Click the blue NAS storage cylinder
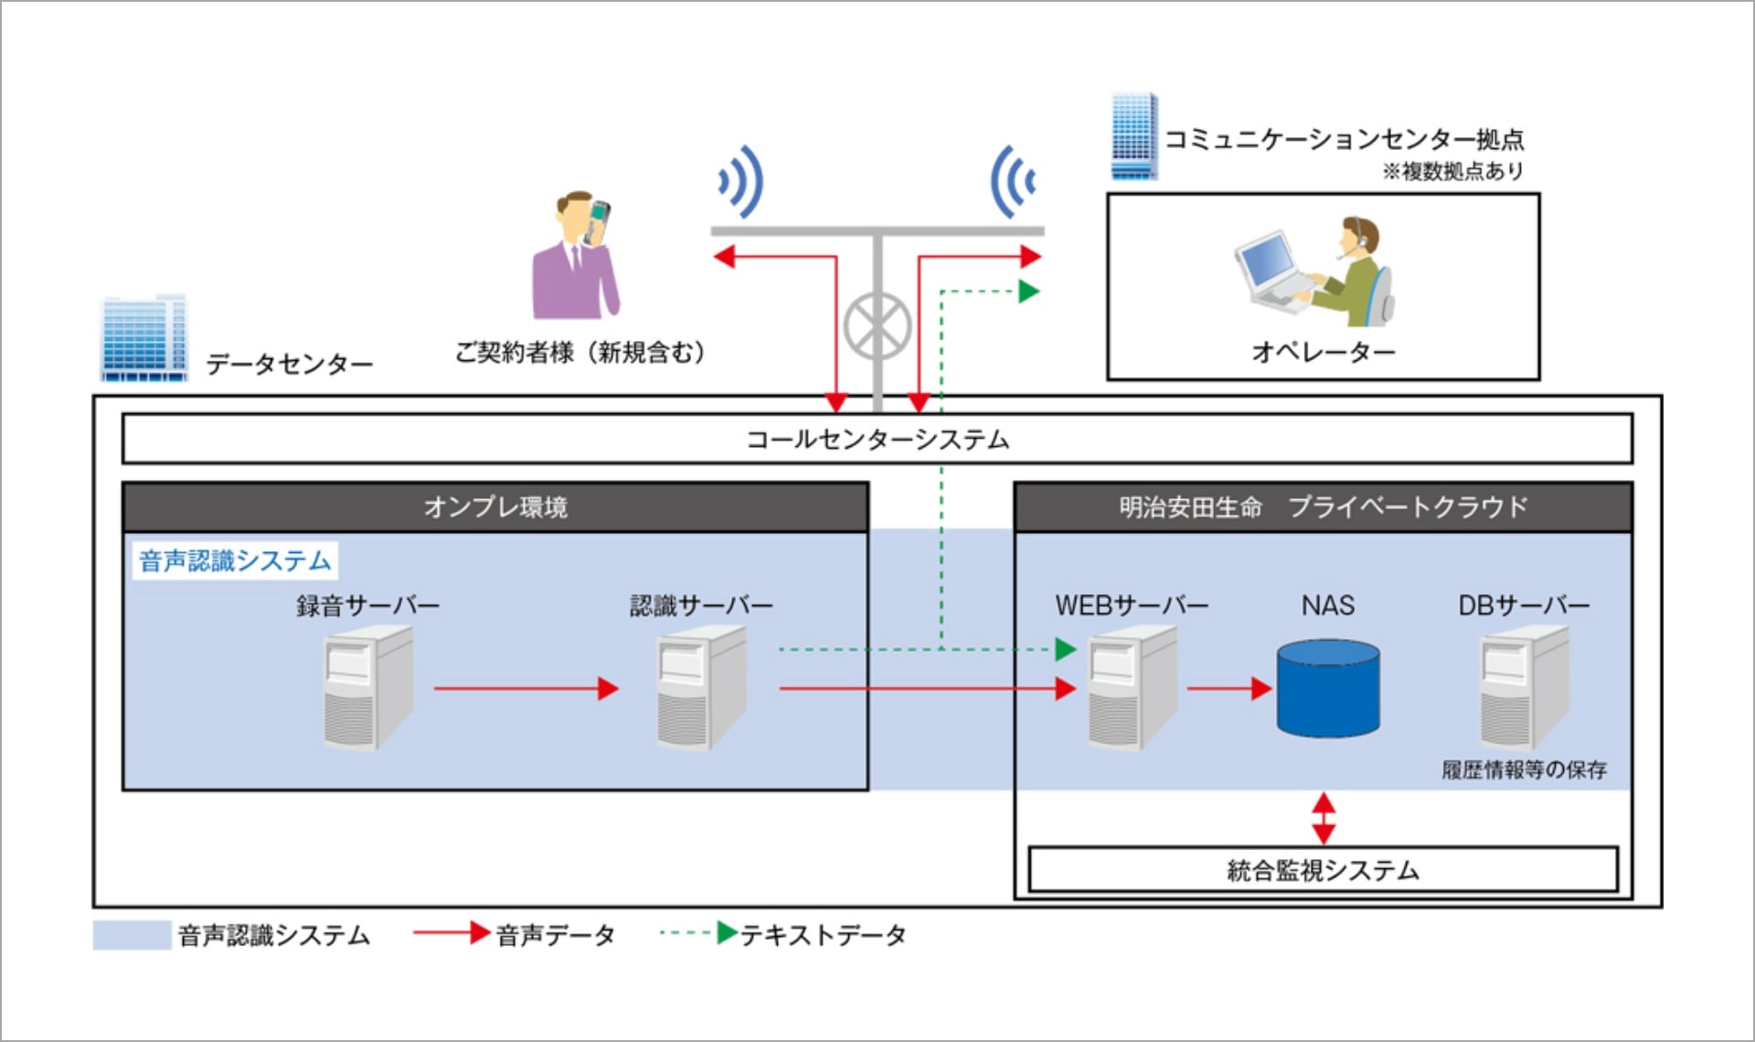[1327, 687]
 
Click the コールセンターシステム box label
[877, 440]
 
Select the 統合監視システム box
[1323, 869]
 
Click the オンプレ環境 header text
[495, 507]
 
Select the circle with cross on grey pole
[877, 326]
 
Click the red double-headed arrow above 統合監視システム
[1323, 817]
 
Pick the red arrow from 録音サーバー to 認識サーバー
[526, 688]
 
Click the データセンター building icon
[144, 338]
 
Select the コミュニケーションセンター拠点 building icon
[1133, 136]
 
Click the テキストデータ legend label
[823, 935]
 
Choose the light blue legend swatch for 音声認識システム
[132, 935]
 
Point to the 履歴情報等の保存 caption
[1524, 770]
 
